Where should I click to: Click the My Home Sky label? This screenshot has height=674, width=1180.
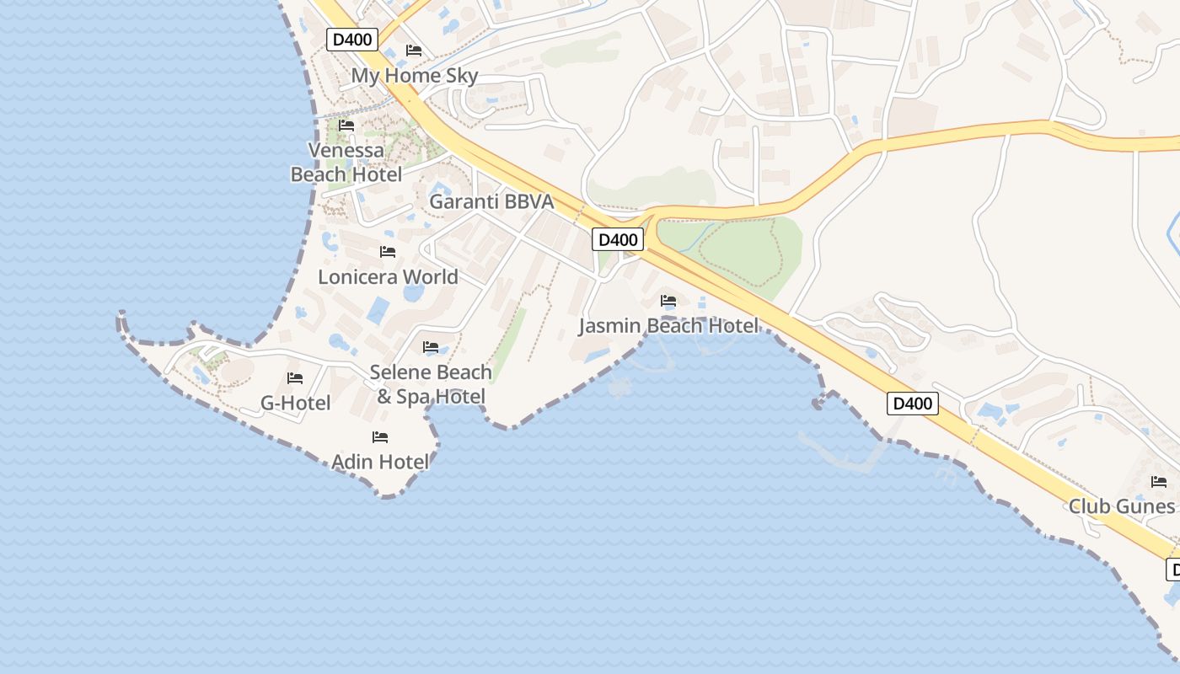[414, 76]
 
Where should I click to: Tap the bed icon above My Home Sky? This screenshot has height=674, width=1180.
[414, 51]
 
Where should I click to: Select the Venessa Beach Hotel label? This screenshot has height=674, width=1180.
[346, 163]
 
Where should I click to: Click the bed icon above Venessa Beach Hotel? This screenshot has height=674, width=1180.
[346, 126]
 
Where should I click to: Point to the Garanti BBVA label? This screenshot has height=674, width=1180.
[491, 202]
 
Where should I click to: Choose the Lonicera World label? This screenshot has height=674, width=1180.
[388, 277]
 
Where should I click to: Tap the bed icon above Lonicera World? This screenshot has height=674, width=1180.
[388, 252]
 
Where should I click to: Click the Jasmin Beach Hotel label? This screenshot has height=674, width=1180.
[668, 326]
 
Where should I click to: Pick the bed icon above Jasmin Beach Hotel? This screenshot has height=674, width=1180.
[668, 300]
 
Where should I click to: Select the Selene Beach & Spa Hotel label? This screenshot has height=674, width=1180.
[431, 384]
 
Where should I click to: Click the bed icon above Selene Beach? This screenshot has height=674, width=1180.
[431, 347]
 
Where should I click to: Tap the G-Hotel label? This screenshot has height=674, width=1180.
[295, 404]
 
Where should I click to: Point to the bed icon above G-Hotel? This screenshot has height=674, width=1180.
[295, 378]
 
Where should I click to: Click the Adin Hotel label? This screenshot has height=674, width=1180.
[380, 462]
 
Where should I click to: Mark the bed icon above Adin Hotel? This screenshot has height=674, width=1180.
[380, 437]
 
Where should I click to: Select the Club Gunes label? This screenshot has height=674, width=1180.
[1121, 506]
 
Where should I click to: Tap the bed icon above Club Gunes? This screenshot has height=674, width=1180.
[1159, 482]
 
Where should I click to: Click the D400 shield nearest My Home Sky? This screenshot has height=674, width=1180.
[352, 39]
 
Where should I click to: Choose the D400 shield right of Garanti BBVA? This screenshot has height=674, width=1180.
[618, 239]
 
